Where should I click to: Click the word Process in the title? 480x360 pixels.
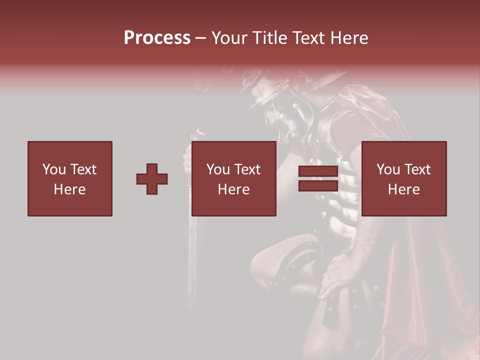(157, 37)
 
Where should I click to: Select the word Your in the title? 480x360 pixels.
(229, 37)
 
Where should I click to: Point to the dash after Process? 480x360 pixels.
(200, 38)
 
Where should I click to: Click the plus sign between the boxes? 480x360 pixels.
(152, 179)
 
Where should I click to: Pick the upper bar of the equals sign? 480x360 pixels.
(318, 171)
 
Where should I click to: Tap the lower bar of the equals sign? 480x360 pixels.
(318, 185)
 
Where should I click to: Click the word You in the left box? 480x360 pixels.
(54, 169)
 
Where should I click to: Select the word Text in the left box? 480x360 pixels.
(83, 169)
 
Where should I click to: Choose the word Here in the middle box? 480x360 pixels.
(233, 189)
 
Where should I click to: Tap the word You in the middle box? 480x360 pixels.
(218, 169)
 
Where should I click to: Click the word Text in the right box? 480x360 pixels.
(417, 169)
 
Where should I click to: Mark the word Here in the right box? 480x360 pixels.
(403, 189)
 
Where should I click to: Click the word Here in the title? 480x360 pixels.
(348, 37)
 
